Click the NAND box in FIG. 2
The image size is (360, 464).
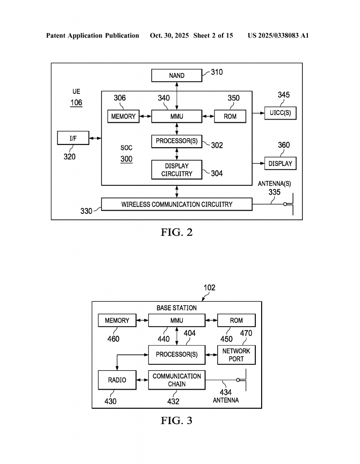177,76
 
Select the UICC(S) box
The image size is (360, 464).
280,112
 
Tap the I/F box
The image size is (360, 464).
73,138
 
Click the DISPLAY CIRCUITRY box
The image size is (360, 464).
177,170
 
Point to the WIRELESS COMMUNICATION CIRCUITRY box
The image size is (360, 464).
177,204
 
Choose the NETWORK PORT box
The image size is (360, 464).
236,355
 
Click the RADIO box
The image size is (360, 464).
117,380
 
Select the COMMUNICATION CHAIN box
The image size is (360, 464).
177,380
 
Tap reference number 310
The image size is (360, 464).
216,72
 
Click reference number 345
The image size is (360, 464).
284,95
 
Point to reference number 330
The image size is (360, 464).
86,211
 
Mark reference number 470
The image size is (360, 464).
246,333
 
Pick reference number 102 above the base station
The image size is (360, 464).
209,288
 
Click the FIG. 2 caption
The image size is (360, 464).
177,232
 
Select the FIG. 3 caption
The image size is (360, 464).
177,420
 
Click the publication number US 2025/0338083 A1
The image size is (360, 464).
278,35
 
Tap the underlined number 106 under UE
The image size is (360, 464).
76,103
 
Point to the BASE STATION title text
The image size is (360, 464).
177,308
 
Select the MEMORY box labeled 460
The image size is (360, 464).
117,320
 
